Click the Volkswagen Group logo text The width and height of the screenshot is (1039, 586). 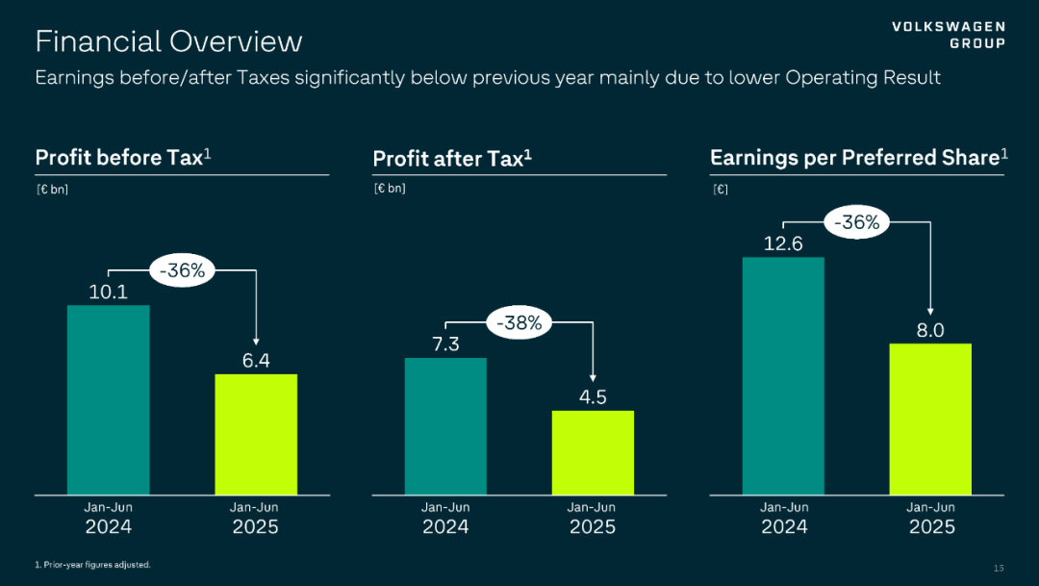949,35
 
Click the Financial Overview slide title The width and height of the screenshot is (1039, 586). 168,41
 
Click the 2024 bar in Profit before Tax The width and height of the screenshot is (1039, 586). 108,399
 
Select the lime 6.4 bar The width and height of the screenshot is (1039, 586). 256,434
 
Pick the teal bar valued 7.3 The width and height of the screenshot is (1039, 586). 445,426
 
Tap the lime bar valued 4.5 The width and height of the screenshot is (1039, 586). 593,452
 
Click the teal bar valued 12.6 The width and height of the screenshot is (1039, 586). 783,375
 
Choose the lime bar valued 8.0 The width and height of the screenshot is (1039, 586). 930,419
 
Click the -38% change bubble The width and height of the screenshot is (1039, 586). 519,324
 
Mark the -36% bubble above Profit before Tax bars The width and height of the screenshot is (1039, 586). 182,271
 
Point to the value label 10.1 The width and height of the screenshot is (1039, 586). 109,292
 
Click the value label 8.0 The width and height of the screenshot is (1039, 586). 930,330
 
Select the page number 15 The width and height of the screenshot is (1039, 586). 998,566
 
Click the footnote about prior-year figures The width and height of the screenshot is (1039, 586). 92,565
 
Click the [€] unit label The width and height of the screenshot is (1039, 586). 720,189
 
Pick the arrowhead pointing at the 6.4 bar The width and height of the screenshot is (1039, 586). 256,341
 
